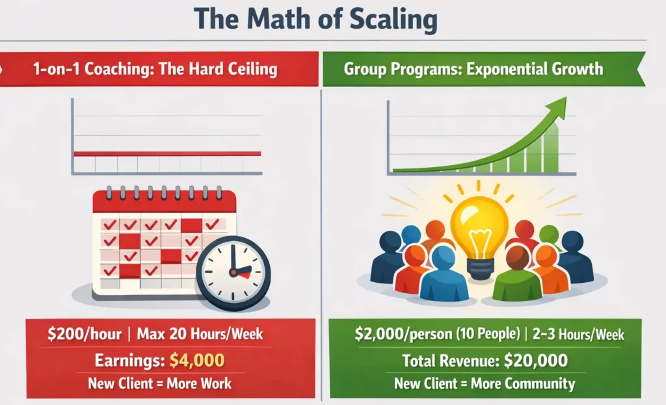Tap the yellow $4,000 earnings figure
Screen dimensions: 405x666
coord(197,359)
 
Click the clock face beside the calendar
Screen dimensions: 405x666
coord(233,272)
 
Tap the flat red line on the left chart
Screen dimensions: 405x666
coord(167,153)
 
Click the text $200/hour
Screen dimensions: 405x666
coord(85,335)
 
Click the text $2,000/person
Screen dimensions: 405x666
coord(397,335)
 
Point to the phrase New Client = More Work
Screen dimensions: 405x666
coord(159,382)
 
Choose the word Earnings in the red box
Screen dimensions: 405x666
coord(128,359)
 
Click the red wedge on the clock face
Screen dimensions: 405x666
coord(243,274)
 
